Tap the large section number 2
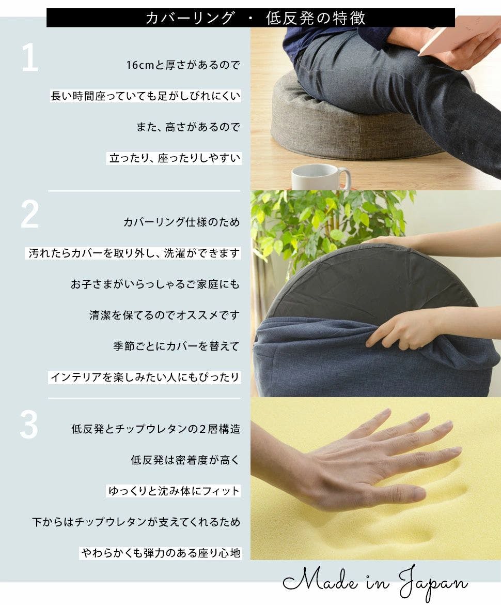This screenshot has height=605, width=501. click(29, 214)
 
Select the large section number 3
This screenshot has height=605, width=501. click(29, 425)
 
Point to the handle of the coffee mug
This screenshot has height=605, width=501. click(346, 178)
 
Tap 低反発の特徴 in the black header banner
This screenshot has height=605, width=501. click(315, 18)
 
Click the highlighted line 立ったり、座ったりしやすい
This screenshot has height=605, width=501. click(175, 158)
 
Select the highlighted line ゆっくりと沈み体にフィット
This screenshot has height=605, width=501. click(174, 491)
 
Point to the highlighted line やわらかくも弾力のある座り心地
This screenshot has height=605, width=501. click(161, 553)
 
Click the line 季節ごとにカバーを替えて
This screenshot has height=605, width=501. click(176, 346)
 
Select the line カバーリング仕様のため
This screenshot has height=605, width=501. click(181, 222)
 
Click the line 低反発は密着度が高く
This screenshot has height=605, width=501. click(185, 460)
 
